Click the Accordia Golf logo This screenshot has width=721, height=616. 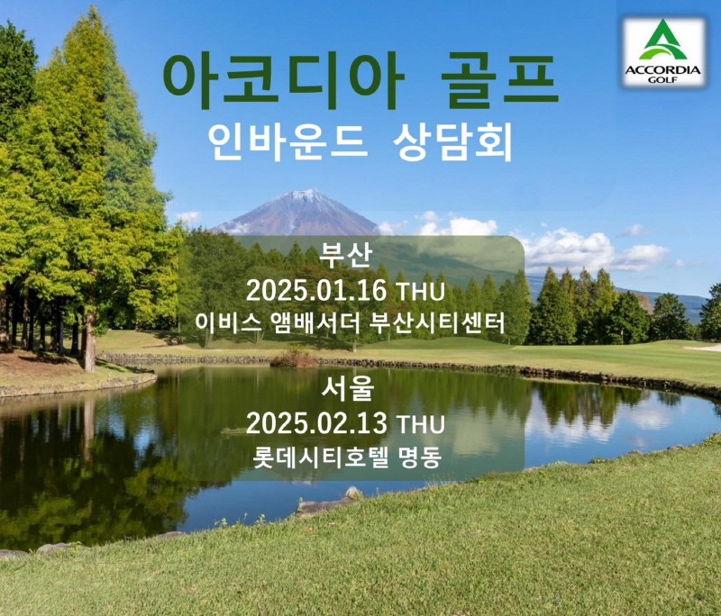coord(663,51)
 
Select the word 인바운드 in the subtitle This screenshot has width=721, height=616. coord(287,141)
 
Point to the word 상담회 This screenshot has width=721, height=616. coord(453,141)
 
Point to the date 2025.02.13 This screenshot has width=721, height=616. coord(315,422)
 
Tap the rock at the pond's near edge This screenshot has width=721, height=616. coord(351,494)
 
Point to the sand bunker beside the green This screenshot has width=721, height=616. coord(704,348)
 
